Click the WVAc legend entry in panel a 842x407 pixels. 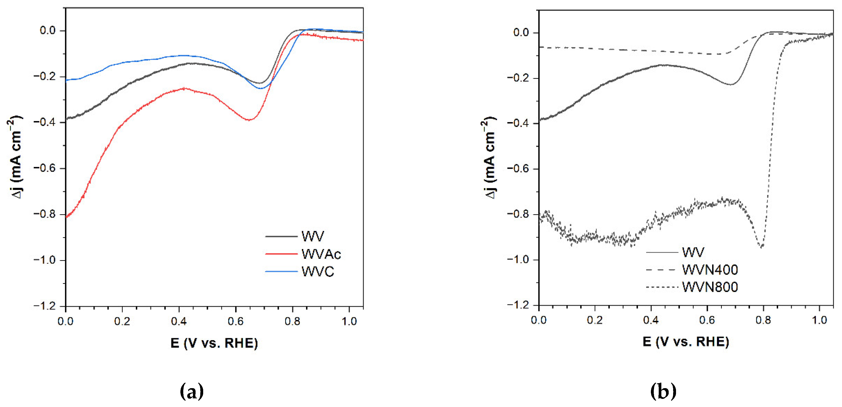[x=321, y=254]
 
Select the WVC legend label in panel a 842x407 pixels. [x=317, y=272]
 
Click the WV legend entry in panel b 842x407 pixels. [x=693, y=252]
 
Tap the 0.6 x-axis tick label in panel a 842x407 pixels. [x=235, y=321]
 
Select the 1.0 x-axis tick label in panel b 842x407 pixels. [x=819, y=320]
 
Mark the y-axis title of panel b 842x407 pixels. [x=489, y=158]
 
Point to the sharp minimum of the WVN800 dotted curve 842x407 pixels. [x=762, y=247]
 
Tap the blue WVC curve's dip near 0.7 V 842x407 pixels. [x=260, y=89]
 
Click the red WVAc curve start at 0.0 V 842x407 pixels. [x=66, y=216]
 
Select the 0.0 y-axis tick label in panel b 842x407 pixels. [x=521, y=33]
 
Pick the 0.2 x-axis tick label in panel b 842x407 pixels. [x=595, y=320]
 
